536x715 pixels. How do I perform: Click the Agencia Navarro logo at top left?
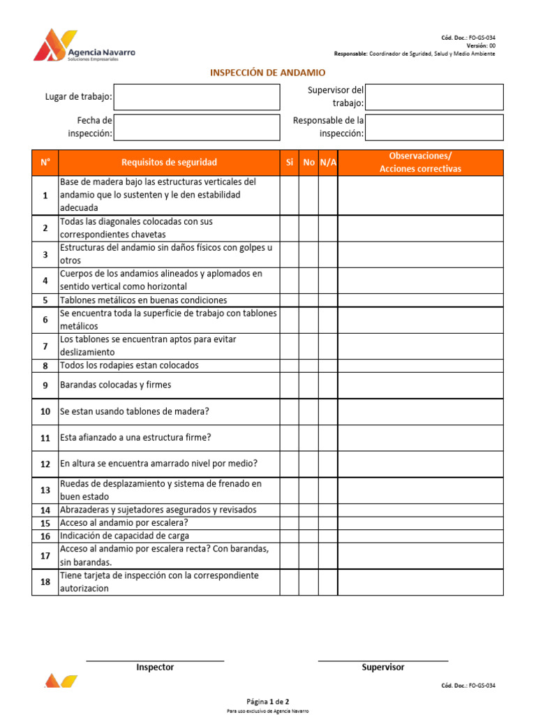pyautogui.click(x=84, y=46)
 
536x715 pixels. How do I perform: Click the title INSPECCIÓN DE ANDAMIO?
pyautogui.click(x=268, y=73)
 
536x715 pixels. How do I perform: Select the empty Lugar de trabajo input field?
pyautogui.click(x=196, y=97)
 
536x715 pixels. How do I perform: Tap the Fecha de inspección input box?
pyautogui.click(x=196, y=127)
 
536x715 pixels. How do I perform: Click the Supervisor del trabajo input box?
pyautogui.click(x=433, y=97)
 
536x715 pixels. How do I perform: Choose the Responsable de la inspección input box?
pyautogui.click(x=433, y=127)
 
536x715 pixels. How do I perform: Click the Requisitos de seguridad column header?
pyautogui.click(x=169, y=163)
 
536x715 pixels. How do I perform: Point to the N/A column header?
pyautogui.click(x=328, y=163)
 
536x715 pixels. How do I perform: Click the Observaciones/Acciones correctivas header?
pyautogui.click(x=420, y=163)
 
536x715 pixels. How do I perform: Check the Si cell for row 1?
pyautogui.click(x=290, y=195)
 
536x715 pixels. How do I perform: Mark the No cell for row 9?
pyautogui.click(x=308, y=385)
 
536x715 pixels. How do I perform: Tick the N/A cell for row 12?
pyautogui.click(x=328, y=464)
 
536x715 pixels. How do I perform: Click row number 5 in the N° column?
pyautogui.click(x=45, y=300)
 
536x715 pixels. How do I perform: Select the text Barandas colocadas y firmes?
pyautogui.click(x=115, y=385)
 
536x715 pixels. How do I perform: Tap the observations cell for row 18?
pyautogui.click(x=420, y=582)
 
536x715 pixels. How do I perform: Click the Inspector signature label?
pyautogui.click(x=155, y=668)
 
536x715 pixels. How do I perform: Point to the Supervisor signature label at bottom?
pyautogui.click(x=382, y=668)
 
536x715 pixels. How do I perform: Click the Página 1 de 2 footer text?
pyautogui.click(x=267, y=701)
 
